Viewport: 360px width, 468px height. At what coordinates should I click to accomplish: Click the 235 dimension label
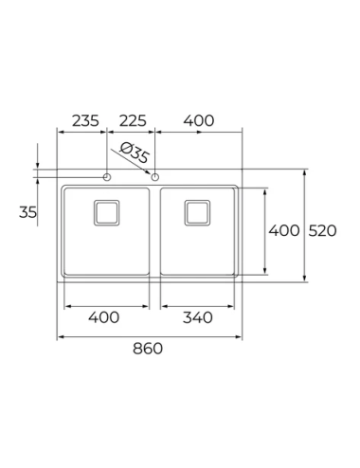tap(85, 120)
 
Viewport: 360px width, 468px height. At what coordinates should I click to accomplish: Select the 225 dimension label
tap(133, 120)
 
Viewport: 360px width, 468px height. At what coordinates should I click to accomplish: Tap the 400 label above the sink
tap(199, 120)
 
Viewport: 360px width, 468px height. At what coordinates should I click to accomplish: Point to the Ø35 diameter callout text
tap(135, 153)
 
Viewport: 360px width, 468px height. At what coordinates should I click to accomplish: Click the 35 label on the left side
tap(27, 212)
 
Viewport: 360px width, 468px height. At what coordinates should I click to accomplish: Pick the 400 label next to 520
tap(284, 230)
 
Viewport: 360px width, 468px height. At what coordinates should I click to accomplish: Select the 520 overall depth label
tap(322, 230)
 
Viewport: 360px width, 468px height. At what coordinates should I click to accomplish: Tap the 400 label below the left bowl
tap(103, 317)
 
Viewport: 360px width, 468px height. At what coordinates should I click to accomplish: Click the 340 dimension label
tap(198, 317)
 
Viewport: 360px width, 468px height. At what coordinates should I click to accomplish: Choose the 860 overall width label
tap(148, 349)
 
